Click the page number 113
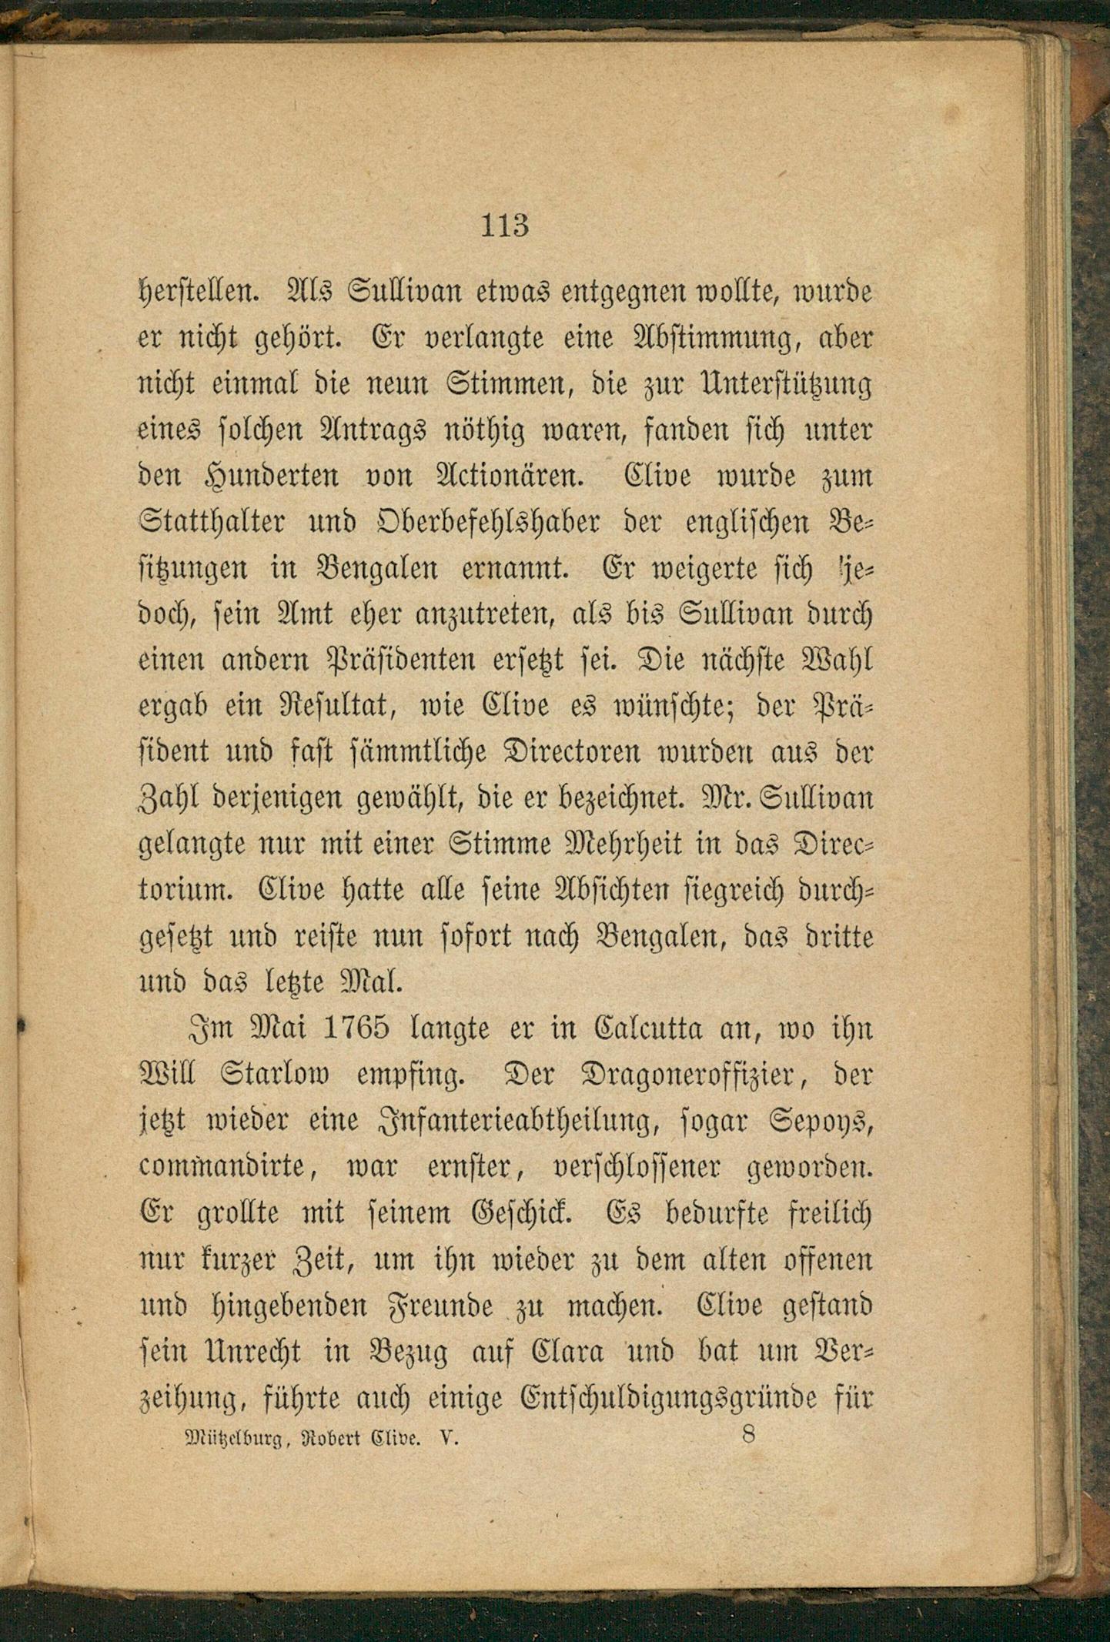pyautogui.click(x=505, y=226)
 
